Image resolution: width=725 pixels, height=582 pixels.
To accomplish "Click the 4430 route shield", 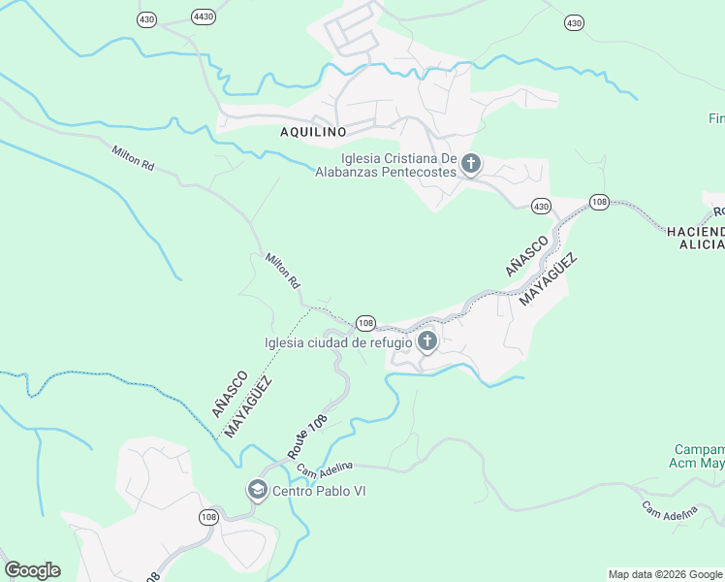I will click(204, 16).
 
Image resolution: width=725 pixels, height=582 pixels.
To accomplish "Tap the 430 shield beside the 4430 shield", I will click(145, 18).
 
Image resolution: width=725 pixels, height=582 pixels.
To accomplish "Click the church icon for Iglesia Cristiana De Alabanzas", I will click(471, 164).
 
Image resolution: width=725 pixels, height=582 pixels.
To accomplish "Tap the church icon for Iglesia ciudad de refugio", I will click(427, 341).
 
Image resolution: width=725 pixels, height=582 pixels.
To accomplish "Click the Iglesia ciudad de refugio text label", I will click(339, 341).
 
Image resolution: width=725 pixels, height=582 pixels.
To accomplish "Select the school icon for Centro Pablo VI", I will click(258, 490).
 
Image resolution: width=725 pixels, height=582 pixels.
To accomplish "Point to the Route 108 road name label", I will click(307, 436).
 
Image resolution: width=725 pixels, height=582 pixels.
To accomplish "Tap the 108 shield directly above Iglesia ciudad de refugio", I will click(365, 322).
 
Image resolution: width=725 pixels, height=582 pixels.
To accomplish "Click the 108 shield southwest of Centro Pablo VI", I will click(209, 518).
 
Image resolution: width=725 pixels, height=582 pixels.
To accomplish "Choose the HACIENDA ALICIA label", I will click(695, 238).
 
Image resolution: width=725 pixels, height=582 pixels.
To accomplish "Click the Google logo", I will click(32, 570).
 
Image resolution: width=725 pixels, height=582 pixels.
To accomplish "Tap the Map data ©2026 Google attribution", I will click(664, 574).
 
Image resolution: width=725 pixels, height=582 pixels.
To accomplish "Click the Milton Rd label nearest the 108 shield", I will click(283, 271).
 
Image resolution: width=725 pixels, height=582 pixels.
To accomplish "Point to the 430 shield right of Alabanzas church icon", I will click(541, 206).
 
